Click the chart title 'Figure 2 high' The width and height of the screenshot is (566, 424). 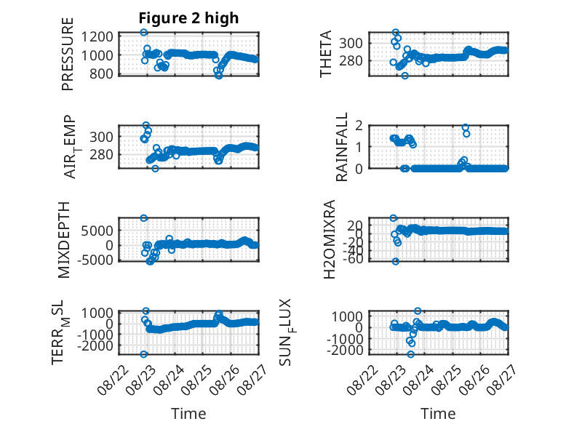188,18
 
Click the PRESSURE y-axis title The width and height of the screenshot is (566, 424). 68,54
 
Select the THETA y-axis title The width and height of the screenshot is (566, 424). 326,54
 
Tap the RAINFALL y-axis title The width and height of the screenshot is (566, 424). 341,147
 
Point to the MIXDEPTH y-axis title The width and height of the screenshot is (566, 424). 64,240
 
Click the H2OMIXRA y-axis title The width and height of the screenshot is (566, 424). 330,239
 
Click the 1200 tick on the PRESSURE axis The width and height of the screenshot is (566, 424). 97,36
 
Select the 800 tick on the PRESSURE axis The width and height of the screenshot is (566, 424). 102,73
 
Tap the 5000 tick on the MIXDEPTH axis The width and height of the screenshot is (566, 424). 97,231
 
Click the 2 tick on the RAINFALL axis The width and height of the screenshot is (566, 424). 359,126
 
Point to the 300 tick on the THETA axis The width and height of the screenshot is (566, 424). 351,44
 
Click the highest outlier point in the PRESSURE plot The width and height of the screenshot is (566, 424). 143,32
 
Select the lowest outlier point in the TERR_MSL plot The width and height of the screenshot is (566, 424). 143,354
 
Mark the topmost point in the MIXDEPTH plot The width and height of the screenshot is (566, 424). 143,218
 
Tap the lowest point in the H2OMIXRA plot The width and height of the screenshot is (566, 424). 396,261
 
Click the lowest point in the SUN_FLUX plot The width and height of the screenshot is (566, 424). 410,354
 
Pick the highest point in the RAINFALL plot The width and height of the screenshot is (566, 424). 466,127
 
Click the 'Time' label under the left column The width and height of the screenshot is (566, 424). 188,414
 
